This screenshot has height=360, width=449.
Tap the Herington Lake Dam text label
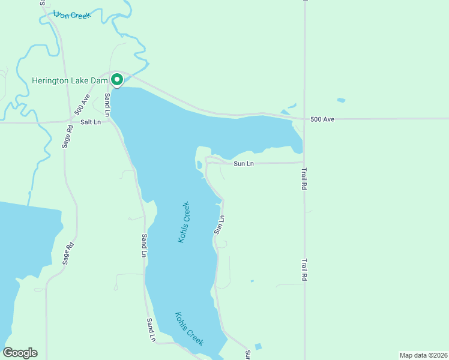click(x=70, y=80)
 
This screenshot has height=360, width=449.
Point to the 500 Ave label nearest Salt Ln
click(x=82, y=107)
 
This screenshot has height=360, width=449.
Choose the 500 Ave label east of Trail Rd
click(x=322, y=119)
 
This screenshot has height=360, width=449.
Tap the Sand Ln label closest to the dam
click(x=107, y=104)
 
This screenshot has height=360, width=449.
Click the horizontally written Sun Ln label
click(x=243, y=163)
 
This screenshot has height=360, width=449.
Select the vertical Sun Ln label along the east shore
click(x=219, y=224)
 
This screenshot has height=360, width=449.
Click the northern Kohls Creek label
click(x=184, y=221)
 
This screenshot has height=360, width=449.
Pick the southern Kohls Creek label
click(x=189, y=328)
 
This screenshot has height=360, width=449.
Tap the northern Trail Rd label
click(x=304, y=179)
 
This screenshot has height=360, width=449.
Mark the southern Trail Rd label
click(x=304, y=270)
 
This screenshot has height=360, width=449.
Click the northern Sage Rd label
click(x=66, y=137)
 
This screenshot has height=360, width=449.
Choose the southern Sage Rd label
click(x=70, y=253)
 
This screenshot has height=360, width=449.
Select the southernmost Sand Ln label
click(x=151, y=330)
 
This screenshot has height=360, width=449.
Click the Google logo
click(x=20, y=353)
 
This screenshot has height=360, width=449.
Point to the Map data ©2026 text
click(x=423, y=355)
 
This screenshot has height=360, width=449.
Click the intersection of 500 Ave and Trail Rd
click(x=304, y=119)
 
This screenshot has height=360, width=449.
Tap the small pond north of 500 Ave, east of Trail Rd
click(x=341, y=100)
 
